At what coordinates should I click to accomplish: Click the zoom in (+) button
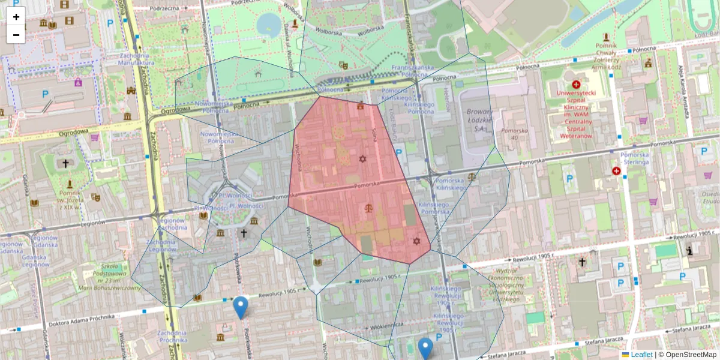[16, 17]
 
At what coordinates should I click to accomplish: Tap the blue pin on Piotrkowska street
[241, 307]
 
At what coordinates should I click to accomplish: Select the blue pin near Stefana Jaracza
[425, 348]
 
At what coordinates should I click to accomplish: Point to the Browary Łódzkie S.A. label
[478, 120]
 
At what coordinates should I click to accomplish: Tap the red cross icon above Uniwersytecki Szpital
[576, 85]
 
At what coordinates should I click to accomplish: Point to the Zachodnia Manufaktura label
[133, 58]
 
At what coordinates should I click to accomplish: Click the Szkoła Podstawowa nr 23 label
[118, 276]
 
